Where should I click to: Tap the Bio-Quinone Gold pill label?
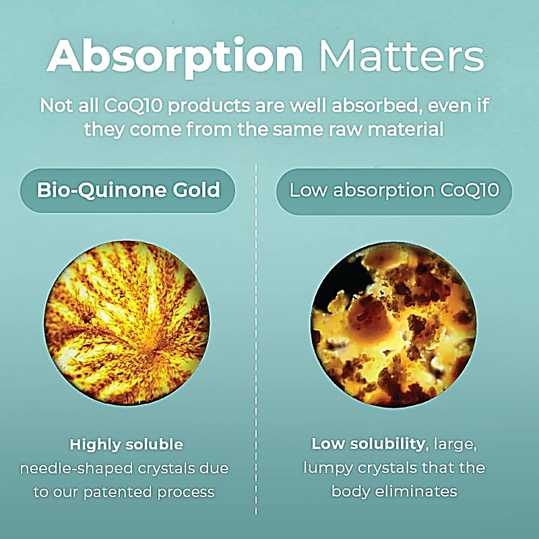coord(128,190)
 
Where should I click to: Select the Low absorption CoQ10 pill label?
coord(393,190)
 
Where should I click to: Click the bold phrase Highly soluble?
coord(126,445)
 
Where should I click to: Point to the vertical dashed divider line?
coord(256,337)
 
